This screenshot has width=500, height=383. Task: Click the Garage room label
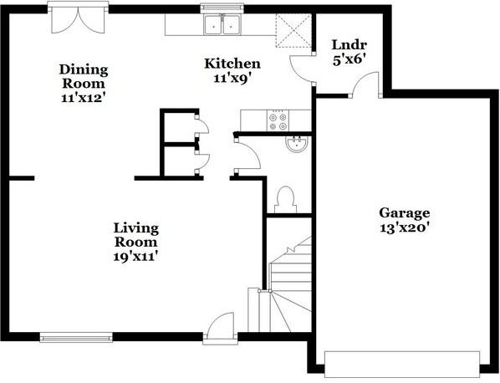point(405,214)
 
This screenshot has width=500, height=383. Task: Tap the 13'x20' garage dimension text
point(403,227)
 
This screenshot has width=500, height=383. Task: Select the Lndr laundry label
point(349,45)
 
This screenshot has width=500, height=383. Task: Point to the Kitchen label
point(232,64)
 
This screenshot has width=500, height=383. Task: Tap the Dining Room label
point(84,76)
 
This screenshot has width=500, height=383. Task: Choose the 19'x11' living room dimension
point(136,256)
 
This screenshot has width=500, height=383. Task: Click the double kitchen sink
point(222,24)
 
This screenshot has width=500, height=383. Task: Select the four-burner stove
point(278,120)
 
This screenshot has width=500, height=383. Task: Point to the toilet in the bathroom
point(286,200)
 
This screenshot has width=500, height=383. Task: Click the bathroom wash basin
point(297,144)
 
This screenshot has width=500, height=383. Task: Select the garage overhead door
point(402,364)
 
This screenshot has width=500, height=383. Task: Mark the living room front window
point(76,337)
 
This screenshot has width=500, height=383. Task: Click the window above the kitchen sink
point(222,8)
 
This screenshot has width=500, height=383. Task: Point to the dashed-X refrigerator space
point(293,31)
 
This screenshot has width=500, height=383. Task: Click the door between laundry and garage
point(365,84)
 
